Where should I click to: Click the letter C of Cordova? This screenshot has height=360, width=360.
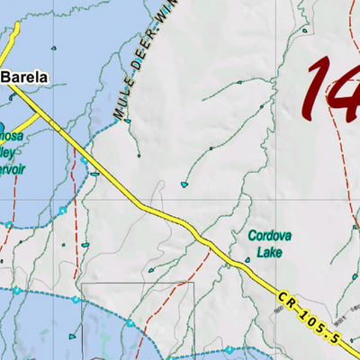pyautogui.click(x=253, y=237)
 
